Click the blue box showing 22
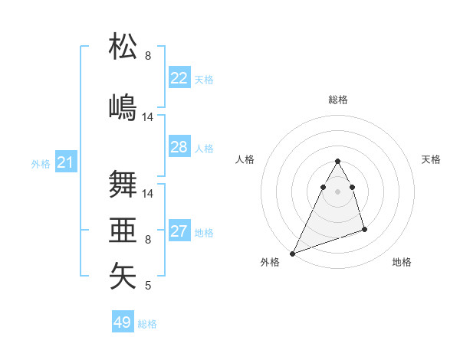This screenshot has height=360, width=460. coord(179,78)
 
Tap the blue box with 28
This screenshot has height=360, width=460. coord(179,147)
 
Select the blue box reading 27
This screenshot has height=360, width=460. coord(179,231)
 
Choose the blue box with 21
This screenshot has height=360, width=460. coord(66,162)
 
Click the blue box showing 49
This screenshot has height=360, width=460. coord(123,322)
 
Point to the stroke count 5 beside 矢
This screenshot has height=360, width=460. coord(148,286)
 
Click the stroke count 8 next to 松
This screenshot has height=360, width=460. coord(148,56)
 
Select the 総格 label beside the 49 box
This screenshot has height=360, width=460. coord(148,324)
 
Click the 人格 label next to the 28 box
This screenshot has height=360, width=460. coord(204,149)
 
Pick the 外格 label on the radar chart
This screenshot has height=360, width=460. coord(270,263)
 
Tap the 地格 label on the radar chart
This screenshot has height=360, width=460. coord(402,263)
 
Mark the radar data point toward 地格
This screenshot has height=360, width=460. coord(364,229)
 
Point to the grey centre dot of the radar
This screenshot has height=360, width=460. coord(337,191)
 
